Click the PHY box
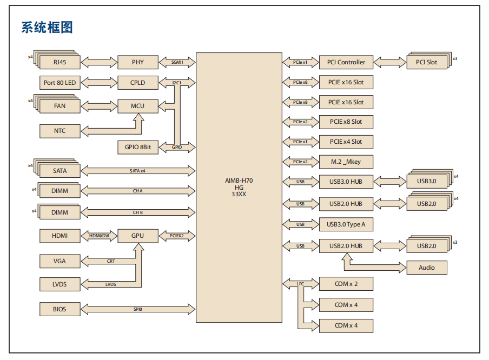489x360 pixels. [138, 62]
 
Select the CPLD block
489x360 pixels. [138, 83]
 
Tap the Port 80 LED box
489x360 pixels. [60, 83]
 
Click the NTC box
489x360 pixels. [60, 131]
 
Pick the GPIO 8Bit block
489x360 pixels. [138, 147]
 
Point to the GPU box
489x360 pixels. [138, 236]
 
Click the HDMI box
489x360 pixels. [60, 236]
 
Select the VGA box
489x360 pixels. [60, 261]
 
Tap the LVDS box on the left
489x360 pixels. [60, 284]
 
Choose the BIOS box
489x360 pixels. [60, 309]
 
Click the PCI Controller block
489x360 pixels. [346, 62]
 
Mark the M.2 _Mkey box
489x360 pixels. [346, 162]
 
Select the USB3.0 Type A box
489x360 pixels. [346, 224]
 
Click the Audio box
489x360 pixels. [427, 267]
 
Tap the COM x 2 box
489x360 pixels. [346, 283]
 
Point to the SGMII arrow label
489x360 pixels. [177, 62]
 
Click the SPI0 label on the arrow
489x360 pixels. [138, 309]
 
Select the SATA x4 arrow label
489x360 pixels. [138, 171]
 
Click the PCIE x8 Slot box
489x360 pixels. [346, 122]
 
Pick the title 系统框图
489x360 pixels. [47, 27]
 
